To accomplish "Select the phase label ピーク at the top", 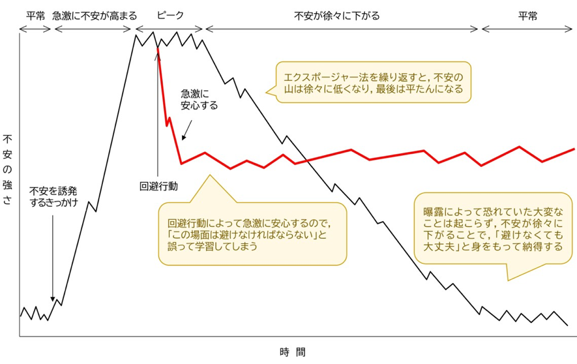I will pyautogui.click(x=170, y=15).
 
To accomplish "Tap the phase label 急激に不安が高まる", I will pyautogui.click(x=94, y=15).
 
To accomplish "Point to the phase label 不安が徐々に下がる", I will pyautogui.click(x=336, y=15).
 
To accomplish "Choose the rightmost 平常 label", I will pyautogui.click(x=528, y=15).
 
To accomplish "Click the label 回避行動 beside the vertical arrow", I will pyautogui.click(x=158, y=186).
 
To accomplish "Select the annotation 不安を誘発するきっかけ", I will pyautogui.click(x=53, y=197).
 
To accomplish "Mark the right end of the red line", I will pyautogui.click(x=574, y=149).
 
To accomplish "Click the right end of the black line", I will pyautogui.click(x=567, y=325).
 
